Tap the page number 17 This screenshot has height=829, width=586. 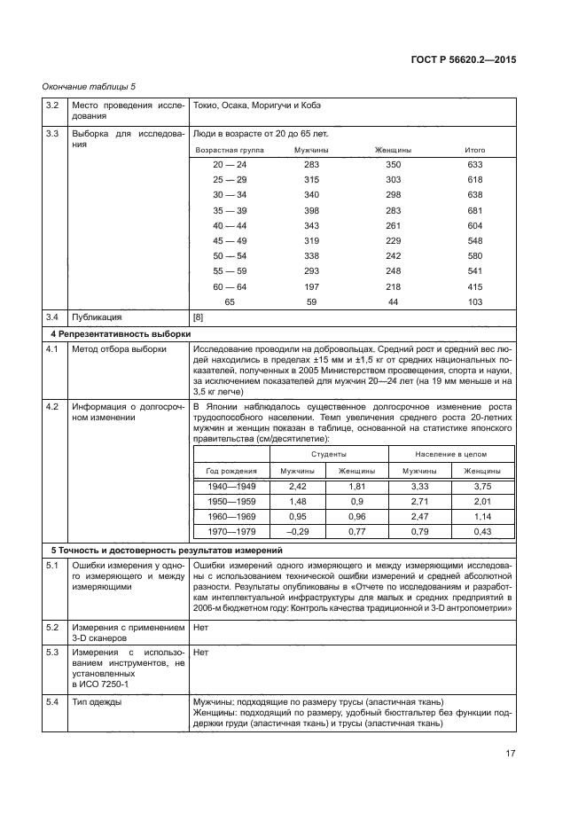click(x=511, y=754)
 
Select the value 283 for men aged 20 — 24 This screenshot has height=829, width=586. click(x=311, y=165)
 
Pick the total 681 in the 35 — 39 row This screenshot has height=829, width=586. click(x=474, y=210)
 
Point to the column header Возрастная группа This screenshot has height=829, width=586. click(x=230, y=150)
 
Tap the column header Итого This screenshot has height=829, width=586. click(x=474, y=150)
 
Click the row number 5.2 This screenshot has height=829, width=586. click(x=52, y=627)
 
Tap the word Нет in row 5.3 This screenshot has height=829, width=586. click(x=200, y=651)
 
